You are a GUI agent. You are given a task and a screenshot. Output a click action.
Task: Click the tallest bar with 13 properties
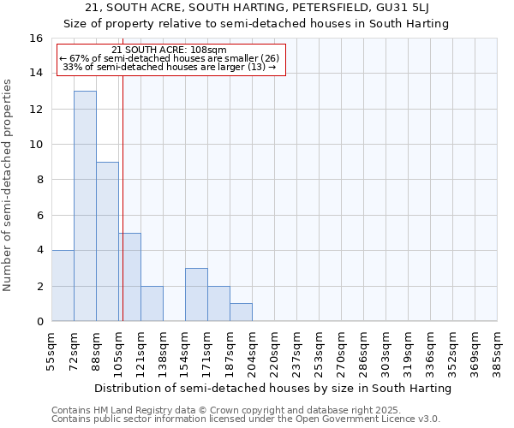tap(85, 205)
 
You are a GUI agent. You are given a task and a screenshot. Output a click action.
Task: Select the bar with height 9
tap(107, 241)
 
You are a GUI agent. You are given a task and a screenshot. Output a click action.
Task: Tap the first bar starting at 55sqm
tap(63, 285)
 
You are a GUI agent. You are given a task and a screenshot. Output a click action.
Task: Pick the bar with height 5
tap(129, 276)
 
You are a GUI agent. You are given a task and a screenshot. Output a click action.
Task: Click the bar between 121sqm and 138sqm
tap(152, 303)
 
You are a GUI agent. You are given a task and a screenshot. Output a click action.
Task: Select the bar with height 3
tap(196, 294)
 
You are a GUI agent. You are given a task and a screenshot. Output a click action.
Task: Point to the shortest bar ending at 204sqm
tap(241, 312)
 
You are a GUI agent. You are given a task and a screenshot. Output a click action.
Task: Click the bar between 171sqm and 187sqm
tap(218, 303)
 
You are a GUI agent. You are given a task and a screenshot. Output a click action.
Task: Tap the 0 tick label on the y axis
tap(39, 322)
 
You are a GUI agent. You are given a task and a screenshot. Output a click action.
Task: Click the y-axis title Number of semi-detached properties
tap(8, 184)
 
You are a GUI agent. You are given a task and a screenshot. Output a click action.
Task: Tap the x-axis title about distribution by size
tap(272, 388)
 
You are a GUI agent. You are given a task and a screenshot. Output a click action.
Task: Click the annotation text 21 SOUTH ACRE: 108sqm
tap(169, 50)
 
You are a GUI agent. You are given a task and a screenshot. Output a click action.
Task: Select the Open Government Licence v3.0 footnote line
tap(245, 419)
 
